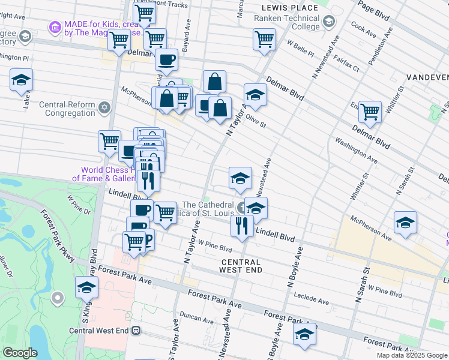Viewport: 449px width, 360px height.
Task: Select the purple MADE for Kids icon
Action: [55, 27]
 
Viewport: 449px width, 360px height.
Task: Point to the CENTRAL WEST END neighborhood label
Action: [241, 266]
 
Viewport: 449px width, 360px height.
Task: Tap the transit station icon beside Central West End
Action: [136, 330]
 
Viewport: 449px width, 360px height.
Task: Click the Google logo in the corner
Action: [20, 353]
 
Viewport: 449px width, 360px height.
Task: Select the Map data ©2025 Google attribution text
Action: [412, 355]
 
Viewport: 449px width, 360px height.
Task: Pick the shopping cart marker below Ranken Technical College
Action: [264, 40]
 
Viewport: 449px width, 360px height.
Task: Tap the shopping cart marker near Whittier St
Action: [370, 111]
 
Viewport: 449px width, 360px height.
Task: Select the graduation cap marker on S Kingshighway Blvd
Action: [87, 288]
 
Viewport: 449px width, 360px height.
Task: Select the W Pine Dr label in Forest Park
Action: [79, 204]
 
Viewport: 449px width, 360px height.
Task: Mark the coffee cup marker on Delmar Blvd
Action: [166, 60]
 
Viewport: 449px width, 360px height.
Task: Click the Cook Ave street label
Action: [363, 28]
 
